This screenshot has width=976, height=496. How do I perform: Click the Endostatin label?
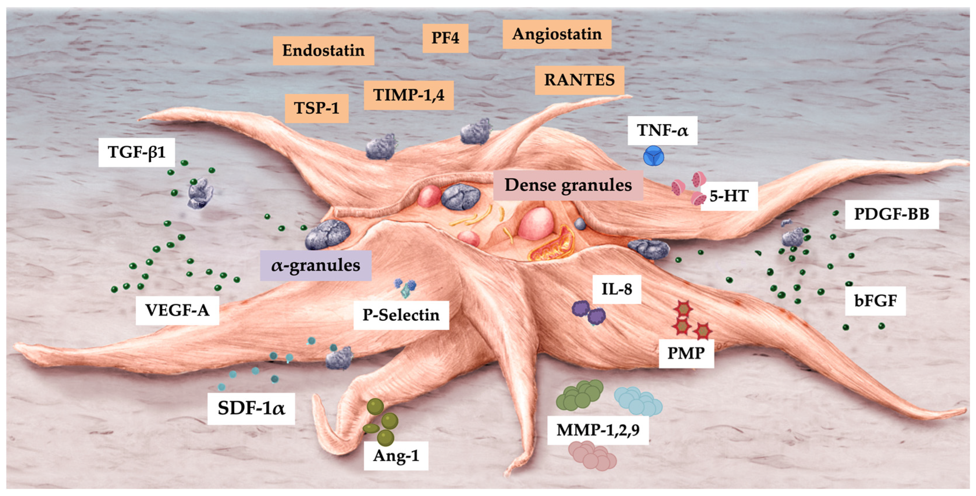[323, 50]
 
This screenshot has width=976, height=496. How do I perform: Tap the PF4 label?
[445, 38]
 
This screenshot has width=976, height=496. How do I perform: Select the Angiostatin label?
[556, 34]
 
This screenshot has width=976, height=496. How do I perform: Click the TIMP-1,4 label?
[409, 95]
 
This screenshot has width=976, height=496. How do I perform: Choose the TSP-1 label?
[316, 108]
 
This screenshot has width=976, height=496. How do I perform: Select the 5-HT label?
[729, 196]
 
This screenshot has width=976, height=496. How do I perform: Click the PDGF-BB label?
[891, 214]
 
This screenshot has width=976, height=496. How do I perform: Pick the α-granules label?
[315, 265]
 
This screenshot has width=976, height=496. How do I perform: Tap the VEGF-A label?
[177, 311]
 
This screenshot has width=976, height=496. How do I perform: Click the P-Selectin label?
[401, 315]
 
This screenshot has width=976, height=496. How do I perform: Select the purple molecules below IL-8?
[588, 313]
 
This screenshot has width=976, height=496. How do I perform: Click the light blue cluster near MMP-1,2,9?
[638, 401]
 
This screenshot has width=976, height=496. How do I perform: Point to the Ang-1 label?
[396, 456]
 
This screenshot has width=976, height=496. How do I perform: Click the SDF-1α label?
[251, 408]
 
